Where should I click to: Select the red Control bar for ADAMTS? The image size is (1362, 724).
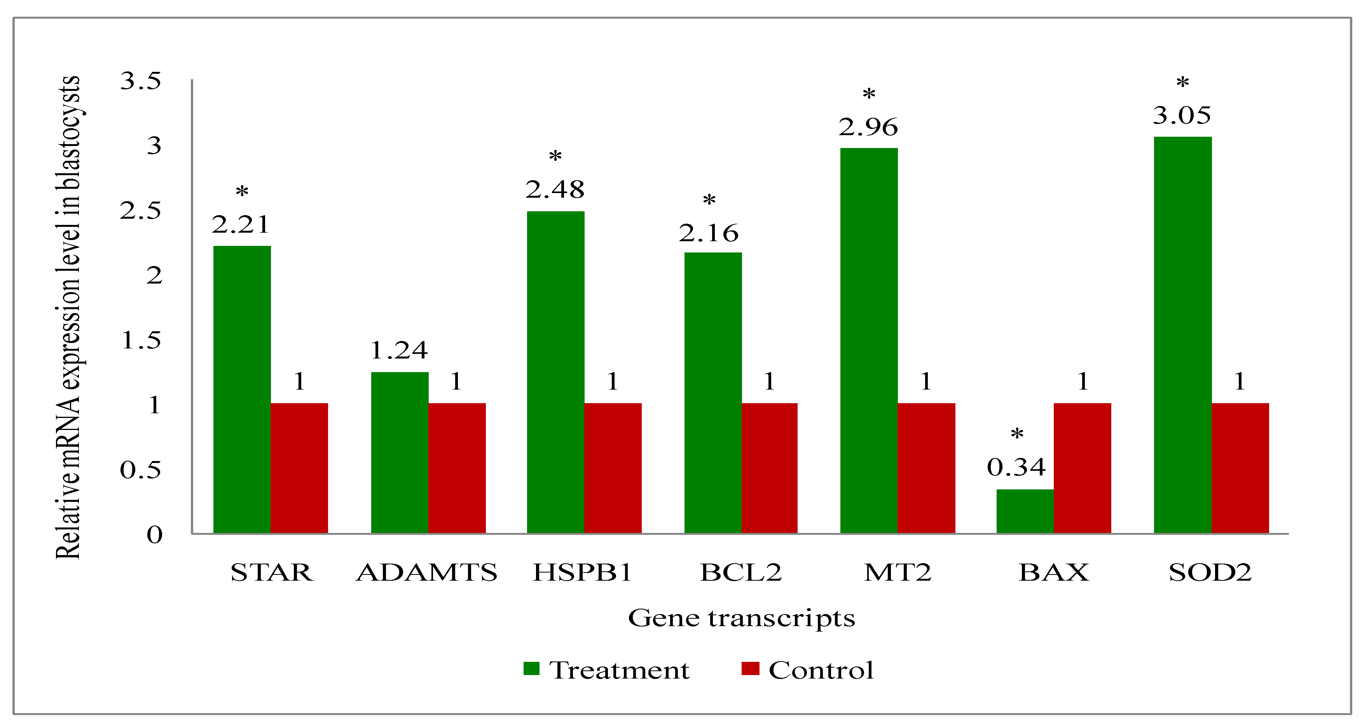coord(457,468)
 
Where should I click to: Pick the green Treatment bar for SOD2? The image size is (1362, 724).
coord(1182,334)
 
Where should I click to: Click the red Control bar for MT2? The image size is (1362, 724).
coord(926,468)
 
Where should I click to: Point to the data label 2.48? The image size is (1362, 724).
coord(555,190)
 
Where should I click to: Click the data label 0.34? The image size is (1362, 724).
coord(1016,466)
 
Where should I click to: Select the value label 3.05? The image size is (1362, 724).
coord(1181,115)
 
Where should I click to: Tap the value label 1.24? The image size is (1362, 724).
coord(399,350)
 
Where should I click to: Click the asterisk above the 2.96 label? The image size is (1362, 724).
coord(869,95)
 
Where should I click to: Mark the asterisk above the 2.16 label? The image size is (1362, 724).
coord(709,201)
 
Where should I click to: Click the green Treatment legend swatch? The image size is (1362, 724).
coord(531,668)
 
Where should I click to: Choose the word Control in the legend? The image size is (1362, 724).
coord(821,670)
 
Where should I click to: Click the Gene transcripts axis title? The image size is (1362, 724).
coord(741,618)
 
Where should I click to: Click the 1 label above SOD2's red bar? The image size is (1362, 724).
coord(1239,381)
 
